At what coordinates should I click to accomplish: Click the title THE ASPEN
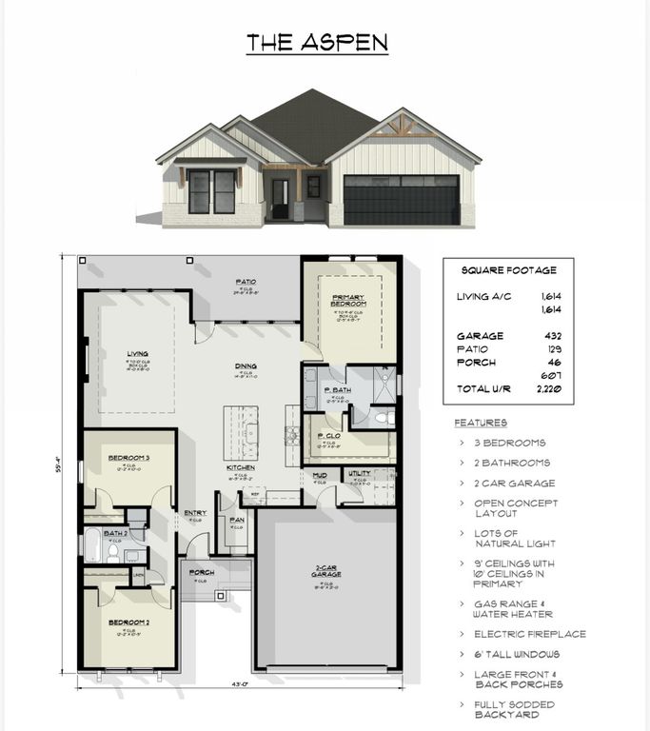click(317, 43)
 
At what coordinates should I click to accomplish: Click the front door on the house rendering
click(280, 199)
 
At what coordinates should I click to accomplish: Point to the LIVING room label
click(137, 353)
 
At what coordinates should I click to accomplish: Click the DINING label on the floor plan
click(246, 365)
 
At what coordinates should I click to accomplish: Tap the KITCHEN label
click(240, 467)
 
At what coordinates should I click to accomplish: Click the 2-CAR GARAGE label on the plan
click(326, 572)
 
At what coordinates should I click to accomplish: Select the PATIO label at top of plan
click(246, 282)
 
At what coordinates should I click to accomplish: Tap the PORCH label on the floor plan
click(202, 572)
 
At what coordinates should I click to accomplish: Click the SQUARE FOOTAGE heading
click(508, 270)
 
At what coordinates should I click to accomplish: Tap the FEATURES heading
click(481, 422)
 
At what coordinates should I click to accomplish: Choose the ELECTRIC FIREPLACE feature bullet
click(530, 634)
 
